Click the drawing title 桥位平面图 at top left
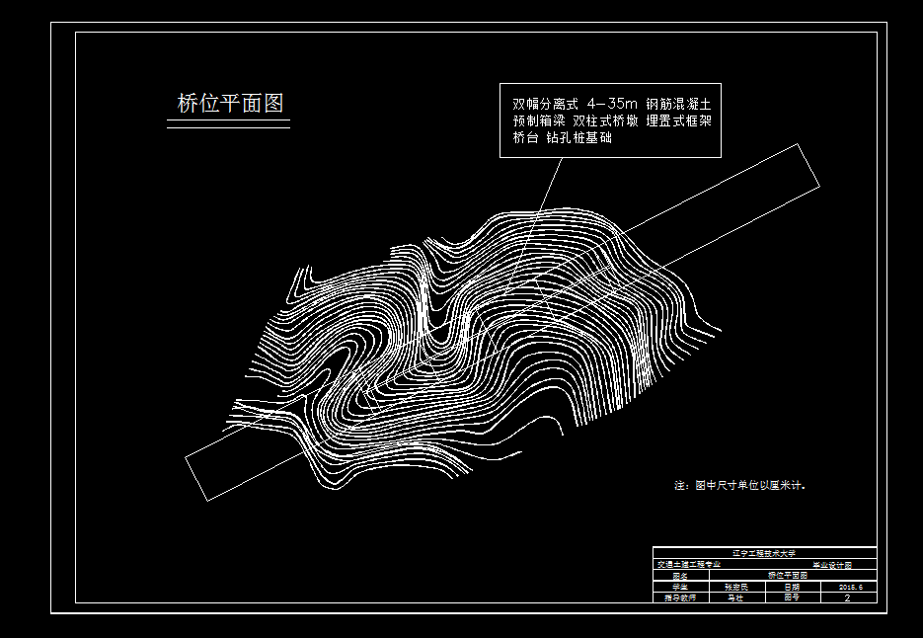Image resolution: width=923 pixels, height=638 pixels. tap(230, 103)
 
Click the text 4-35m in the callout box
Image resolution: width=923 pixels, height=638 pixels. tap(611, 103)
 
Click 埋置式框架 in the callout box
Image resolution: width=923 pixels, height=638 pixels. tap(679, 120)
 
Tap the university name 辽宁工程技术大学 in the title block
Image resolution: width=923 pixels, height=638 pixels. tap(764, 553)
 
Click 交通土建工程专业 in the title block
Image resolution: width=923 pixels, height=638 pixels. tap(689, 564)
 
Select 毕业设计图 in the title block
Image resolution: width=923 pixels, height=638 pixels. tap(830, 564)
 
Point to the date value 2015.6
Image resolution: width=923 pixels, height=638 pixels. tap(850, 587)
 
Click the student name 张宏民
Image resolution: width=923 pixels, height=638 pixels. tap(735, 587)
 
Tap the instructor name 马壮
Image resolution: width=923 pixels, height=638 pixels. tap(735, 598)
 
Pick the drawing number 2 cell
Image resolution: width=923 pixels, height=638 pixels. tap(848, 598)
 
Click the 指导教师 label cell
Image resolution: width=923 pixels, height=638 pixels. tap(679, 598)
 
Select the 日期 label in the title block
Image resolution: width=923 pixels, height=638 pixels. tap(793, 587)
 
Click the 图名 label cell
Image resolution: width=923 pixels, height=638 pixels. tap(679, 575)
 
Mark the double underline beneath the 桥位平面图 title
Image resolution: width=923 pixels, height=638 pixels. tap(228, 125)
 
